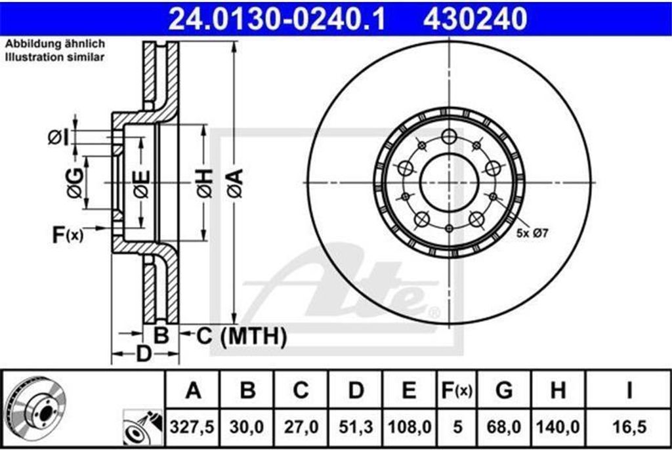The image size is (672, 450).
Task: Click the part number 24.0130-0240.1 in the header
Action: click(278, 19)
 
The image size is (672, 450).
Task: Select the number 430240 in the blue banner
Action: click(475, 19)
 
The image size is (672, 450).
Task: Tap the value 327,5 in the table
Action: click(192, 427)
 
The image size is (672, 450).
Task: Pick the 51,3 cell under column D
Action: click(356, 427)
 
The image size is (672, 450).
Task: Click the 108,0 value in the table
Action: click(409, 427)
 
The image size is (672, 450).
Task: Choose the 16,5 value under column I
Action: click(629, 427)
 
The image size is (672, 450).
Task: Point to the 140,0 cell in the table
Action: click(558, 427)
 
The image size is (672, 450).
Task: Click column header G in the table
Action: click(504, 390)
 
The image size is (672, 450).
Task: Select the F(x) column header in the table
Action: click(457, 390)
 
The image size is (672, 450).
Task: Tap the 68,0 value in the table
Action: click(504, 427)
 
